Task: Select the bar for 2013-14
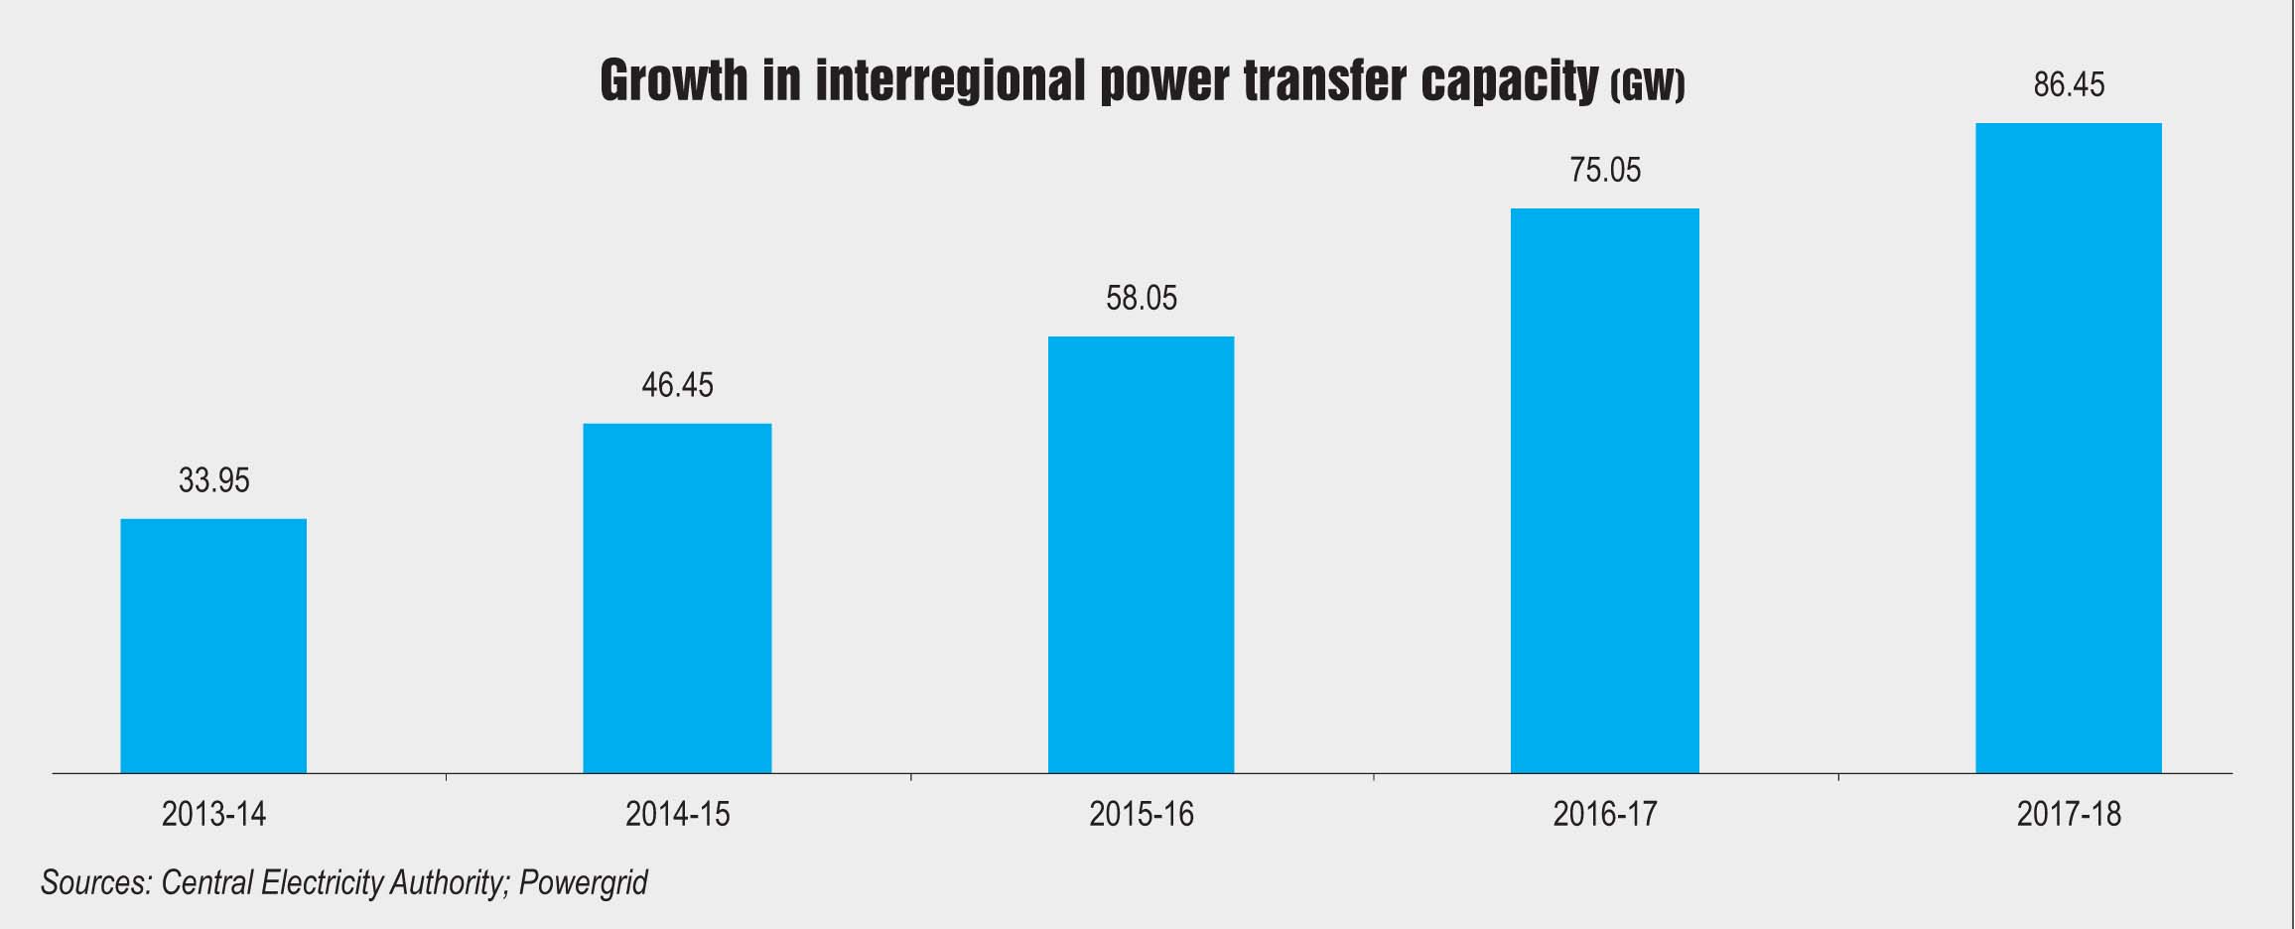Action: [213, 645]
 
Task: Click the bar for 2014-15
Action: [677, 597]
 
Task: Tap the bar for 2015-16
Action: [1141, 554]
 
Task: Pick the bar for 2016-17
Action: [1604, 490]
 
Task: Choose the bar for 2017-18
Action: [2068, 448]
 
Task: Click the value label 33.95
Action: [213, 481]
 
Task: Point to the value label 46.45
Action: [677, 385]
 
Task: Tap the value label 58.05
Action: [1142, 298]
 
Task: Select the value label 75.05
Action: [1605, 171]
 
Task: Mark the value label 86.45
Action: [2069, 85]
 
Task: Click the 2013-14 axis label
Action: [213, 815]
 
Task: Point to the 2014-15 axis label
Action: [677, 815]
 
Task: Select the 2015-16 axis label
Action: [1142, 815]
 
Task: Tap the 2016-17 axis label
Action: [1605, 815]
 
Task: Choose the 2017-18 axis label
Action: [2069, 815]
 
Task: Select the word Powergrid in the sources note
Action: [583, 882]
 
